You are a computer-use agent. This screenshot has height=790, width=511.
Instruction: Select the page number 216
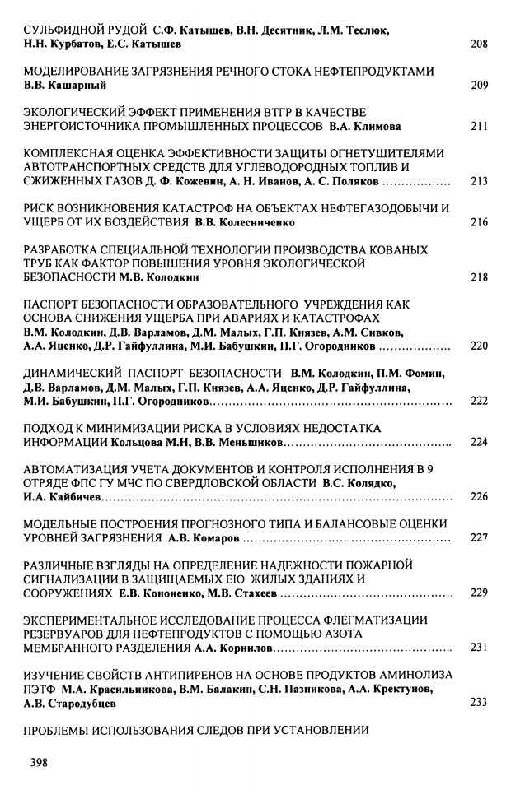tap(478, 222)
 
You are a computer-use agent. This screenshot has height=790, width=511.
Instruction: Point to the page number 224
tap(478, 443)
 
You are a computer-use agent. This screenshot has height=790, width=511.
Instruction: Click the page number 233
tap(478, 703)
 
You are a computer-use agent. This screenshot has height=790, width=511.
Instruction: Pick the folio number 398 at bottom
tap(40, 762)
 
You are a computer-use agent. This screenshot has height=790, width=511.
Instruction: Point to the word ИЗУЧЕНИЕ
tap(58, 676)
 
